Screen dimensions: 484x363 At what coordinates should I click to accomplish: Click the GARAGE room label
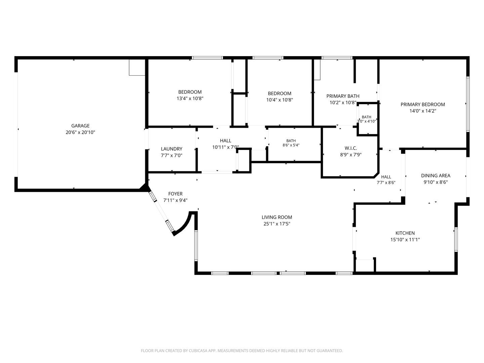[80, 126]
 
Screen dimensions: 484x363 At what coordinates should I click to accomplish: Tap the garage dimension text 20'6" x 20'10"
[80, 132]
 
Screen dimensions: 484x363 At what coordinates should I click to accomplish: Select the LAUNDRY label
[171, 149]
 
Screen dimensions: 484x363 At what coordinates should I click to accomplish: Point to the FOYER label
[175, 194]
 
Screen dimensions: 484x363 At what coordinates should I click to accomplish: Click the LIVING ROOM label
[277, 217]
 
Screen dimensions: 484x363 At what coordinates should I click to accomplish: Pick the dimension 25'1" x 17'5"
[277, 224]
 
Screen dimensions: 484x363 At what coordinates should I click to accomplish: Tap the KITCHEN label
[405, 233]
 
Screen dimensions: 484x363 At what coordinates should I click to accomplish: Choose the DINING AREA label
[436, 176]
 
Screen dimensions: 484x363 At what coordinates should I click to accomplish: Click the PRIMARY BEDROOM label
[423, 105]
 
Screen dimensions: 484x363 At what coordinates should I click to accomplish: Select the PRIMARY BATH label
[343, 96]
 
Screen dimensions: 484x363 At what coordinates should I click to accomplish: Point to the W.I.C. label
[351, 148]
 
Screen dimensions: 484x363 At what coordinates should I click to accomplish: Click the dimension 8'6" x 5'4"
[291, 145]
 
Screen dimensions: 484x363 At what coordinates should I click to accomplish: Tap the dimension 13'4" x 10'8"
[190, 98]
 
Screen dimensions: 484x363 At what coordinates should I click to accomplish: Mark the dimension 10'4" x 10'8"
[280, 100]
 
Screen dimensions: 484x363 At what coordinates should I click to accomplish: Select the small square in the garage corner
[137, 68]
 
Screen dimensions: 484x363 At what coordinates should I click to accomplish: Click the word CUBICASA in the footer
[197, 351]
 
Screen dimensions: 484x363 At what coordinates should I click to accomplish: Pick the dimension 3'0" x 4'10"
[366, 121]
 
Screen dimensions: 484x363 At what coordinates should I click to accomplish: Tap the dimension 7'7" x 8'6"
[386, 183]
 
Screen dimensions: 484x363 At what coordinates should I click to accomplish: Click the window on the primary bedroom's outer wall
[468, 104]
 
